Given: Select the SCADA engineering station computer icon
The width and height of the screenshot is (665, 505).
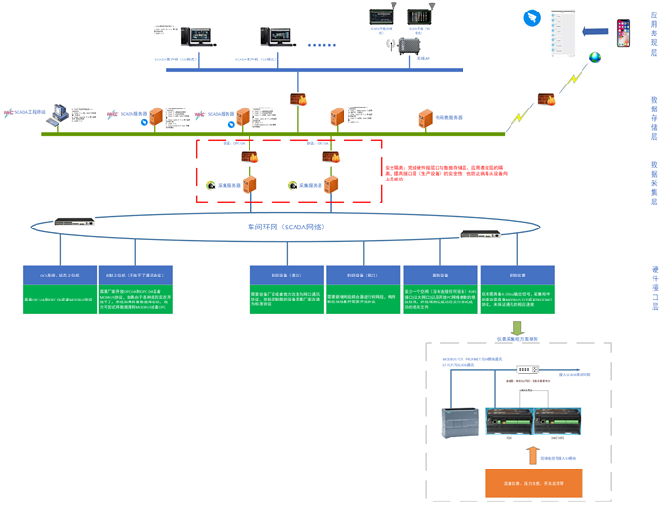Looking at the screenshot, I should [59, 113].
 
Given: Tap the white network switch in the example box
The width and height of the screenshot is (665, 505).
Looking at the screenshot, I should [524, 370].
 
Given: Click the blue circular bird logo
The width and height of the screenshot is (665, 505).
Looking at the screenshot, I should [533, 18].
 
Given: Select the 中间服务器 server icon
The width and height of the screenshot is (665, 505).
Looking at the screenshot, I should [426, 118].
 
